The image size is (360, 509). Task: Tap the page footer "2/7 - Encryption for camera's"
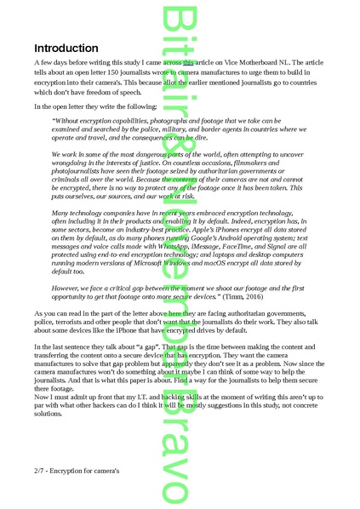[77, 470]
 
